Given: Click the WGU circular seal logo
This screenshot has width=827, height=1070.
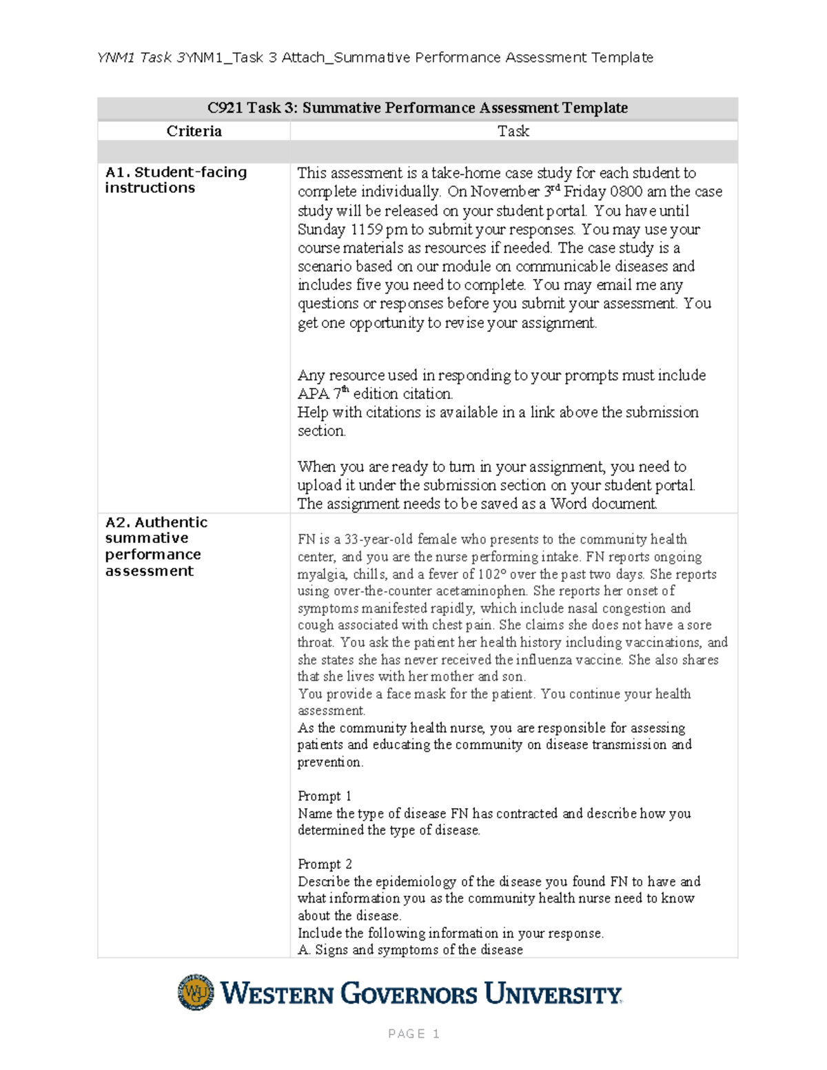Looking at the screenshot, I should [196, 992].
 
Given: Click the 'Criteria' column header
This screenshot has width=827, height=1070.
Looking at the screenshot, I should [194, 131].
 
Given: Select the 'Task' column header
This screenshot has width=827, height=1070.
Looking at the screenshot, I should [513, 131].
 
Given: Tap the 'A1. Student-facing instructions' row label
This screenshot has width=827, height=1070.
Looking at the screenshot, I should [175, 180].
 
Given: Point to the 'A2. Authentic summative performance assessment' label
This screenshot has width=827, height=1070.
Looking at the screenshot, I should [156, 546].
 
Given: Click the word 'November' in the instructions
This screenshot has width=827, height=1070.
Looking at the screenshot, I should [515, 192].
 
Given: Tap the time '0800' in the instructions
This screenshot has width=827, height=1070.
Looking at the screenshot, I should [626, 192].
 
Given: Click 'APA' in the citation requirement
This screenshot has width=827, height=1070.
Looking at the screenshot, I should [314, 394].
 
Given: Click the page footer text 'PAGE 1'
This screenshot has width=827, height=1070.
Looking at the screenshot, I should [413, 1033].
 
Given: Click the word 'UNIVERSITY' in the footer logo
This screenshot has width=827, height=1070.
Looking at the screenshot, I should [553, 994].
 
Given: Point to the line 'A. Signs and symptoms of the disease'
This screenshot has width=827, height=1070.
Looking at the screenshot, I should [410, 949].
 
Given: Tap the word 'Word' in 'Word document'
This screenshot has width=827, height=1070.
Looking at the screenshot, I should [569, 504].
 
